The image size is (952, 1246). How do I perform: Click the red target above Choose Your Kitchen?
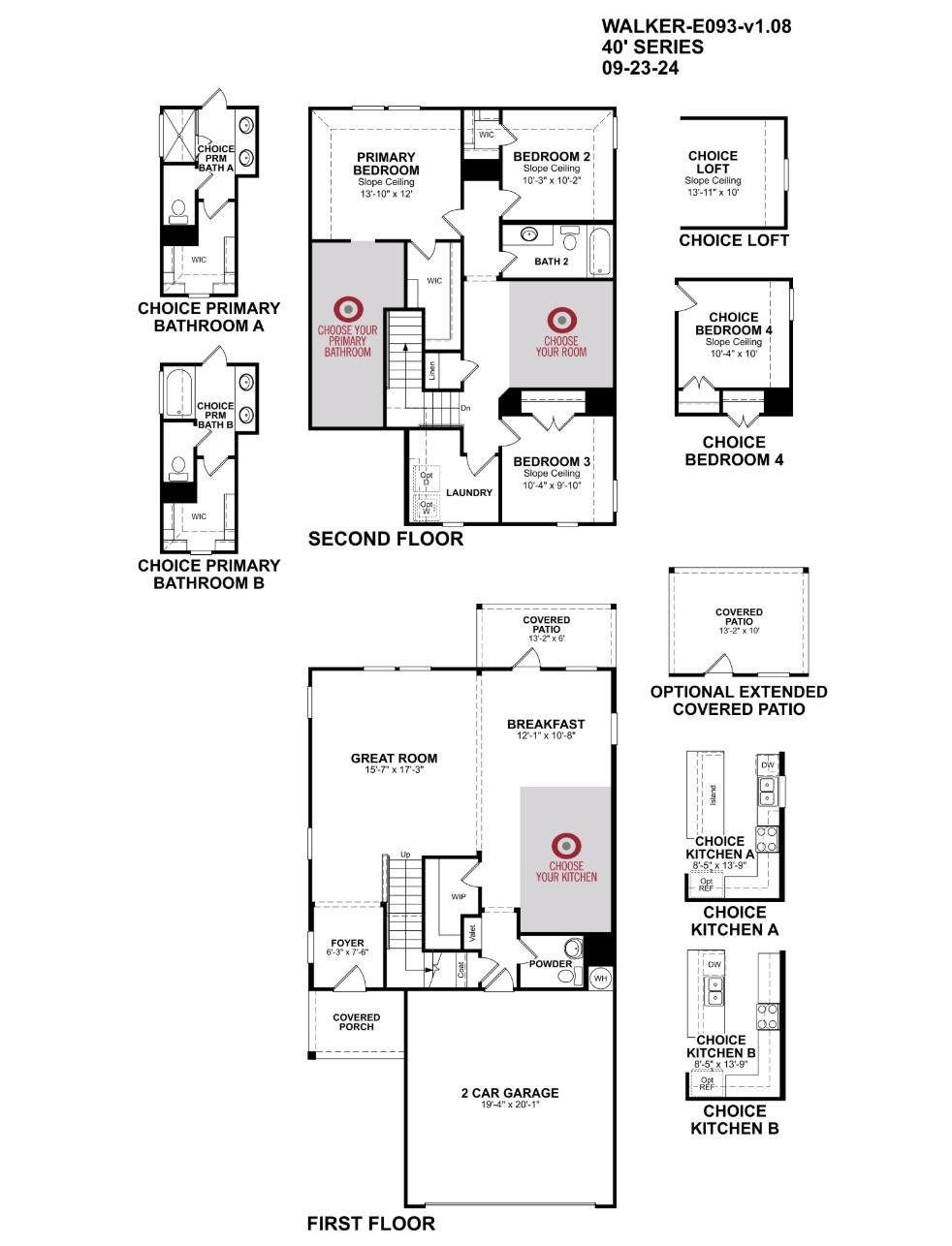(x=566, y=846)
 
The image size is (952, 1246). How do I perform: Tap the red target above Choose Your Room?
(x=561, y=320)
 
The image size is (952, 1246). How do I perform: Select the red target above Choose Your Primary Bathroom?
(x=348, y=309)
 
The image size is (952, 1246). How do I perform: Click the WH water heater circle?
(x=600, y=978)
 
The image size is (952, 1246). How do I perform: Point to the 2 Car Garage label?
(x=510, y=1093)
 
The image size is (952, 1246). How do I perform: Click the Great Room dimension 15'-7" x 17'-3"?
(x=395, y=770)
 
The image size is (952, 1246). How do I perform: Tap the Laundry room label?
(x=468, y=493)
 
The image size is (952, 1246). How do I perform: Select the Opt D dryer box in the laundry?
(x=426, y=479)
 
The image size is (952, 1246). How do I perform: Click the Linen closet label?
(x=432, y=371)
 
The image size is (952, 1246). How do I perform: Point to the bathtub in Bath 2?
(x=599, y=252)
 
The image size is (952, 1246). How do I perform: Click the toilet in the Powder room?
(x=572, y=948)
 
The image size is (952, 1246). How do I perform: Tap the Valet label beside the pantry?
(x=472, y=934)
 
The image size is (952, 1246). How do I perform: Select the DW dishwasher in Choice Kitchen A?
(x=767, y=764)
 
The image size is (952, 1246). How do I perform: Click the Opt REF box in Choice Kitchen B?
(x=707, y=1082)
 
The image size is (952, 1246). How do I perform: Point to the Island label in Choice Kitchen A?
(x=713, y=794)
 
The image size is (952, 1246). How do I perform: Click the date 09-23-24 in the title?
(x=640, y=68)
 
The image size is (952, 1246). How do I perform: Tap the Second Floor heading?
(x=385, y=539)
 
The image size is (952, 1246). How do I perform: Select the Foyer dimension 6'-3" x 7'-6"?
(x=347, y=952)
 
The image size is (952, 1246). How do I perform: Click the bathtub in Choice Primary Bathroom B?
(x=179, y=391)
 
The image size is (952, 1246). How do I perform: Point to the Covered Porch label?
(x=356, y=1022)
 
